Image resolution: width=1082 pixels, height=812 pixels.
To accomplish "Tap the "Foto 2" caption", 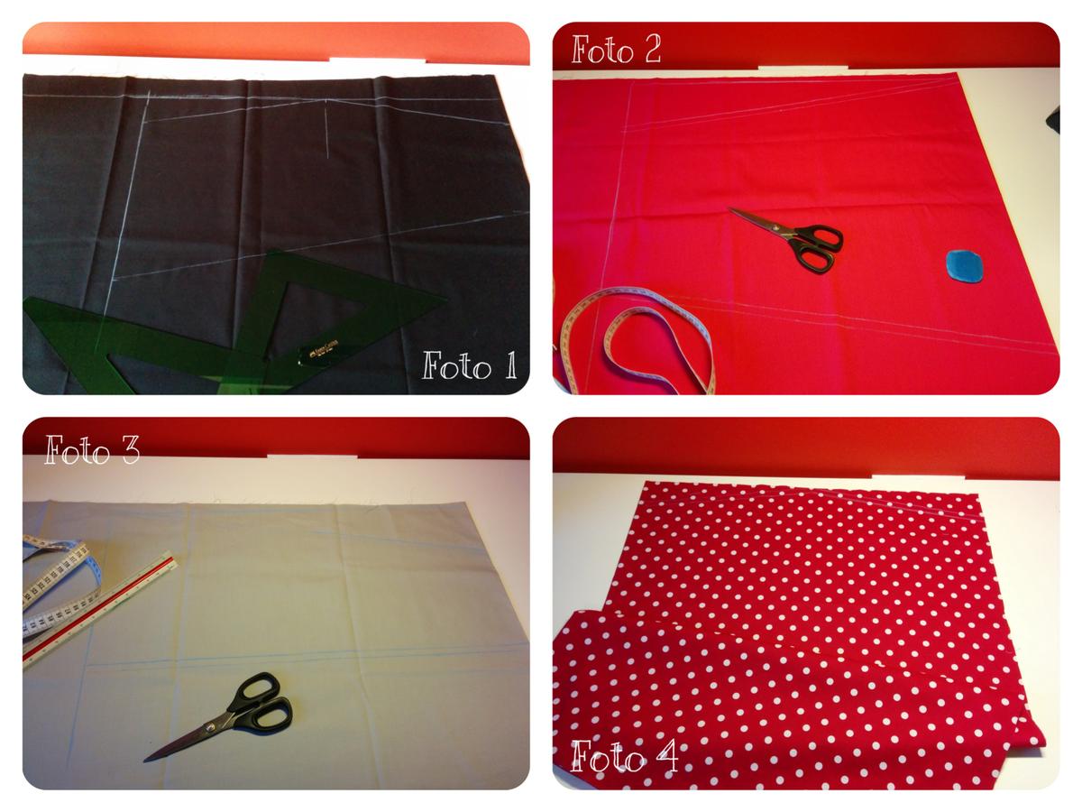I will pos(617,50).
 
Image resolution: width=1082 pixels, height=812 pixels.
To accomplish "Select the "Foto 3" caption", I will pos(92,448).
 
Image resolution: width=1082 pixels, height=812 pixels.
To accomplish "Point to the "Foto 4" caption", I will pos(624,756).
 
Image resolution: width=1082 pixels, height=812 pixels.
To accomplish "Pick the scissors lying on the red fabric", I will pos(789,236).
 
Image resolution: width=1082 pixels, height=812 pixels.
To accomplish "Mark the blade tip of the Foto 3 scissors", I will pos(148,759).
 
